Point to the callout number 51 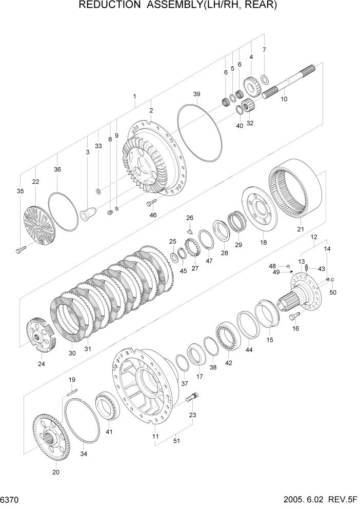pos(176,440)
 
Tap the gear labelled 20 pos(51,437)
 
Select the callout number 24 pos(41,364)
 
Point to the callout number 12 pos(314,237)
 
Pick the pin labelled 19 pos(72,391)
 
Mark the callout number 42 pos(228,363)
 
